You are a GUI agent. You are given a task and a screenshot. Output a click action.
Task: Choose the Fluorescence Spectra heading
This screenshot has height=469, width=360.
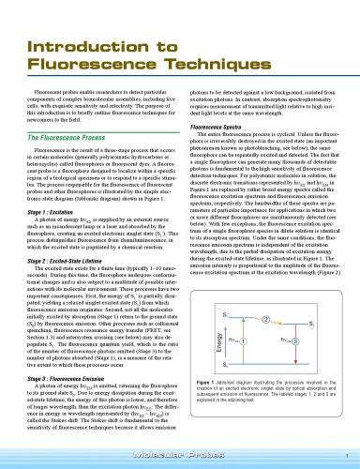[220, 126]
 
